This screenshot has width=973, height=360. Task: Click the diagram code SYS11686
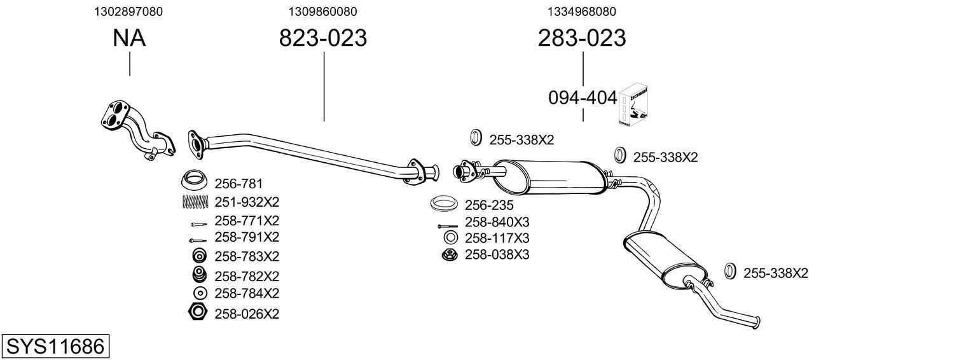pyautogui.click(x=55, y=347)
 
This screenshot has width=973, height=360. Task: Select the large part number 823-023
pyautogui.click(x=323, y=38)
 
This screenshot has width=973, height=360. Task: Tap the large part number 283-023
pyautogui.click(x=582, y=38)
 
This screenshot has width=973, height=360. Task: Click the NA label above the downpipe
pyautogui.click(x=129, y=38)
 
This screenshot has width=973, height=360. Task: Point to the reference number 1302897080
pyautogui.click(x=128, y=11)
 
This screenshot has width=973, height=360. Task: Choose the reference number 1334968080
pyautogui.click(x=581, y=11)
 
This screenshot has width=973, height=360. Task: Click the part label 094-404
pyautogui.click(x=583, y=98)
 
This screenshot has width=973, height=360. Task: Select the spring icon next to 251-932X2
pyautogui.click(x=196, y=202)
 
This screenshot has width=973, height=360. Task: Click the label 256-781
pyautogui.click(x=238, y=184)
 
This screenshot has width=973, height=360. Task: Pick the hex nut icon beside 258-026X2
pyautogui.click(x=198, y=312)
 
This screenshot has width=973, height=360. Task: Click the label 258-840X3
pyautogui.click(x=497, y=222)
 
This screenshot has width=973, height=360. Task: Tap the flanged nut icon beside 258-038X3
pyautogui.click(x=449, y=255)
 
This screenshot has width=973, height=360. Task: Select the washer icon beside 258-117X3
pyautogui.click(x=449, y=238)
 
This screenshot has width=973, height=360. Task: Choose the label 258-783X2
pyautogui.click(x=247, y=256)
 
